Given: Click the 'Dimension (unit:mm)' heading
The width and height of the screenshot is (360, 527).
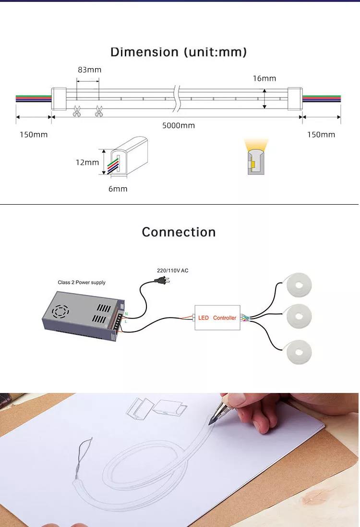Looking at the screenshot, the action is pyautogui.click(x=179, y=52).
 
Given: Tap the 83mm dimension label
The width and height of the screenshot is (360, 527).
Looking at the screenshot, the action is pyautogui.click(x=89, y=70).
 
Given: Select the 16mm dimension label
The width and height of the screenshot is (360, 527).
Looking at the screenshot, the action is pyautogui.click(x=264, y=78).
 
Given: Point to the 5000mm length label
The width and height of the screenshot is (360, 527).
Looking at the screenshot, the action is pyautogui.click(x=179, y=125).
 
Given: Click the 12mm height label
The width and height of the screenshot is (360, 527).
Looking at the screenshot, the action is pyautogui.click(x=87, y=162).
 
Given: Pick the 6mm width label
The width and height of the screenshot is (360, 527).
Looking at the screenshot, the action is pyautogui.click(x=118, y=188).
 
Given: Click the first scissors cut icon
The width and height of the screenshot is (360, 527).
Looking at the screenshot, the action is pyautogui.click(x=77, y=111).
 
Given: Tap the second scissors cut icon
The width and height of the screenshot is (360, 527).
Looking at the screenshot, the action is pyautogui.click(x=99, y=111).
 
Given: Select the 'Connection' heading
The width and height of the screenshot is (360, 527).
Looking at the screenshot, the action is pyautogui.click(x=179, y=232).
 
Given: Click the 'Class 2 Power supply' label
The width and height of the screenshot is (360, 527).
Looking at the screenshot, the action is pyautogui.click(x=82, y=282).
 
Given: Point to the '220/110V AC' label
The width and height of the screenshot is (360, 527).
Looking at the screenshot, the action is pyautogui.click(x=173, y=270).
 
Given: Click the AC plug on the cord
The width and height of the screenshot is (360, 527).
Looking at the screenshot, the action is pyautogui.click(x=161, y=280).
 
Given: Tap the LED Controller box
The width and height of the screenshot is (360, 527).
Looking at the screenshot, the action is pyautogui.click(x=217, y=318).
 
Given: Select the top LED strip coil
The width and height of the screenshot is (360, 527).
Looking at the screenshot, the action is pyautogui.click(x=299, y=285).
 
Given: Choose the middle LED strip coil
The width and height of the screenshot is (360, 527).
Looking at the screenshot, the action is pyautogui.click(x=299, y=316).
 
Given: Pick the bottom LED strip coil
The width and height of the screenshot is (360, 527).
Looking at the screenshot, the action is pyautogui.click(x=299, y=352).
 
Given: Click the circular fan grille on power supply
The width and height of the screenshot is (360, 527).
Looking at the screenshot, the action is pyautogui.click(x=60, y=312).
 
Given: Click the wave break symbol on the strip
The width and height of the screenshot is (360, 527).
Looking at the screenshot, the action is pyautogui.click(x=177, y=98).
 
